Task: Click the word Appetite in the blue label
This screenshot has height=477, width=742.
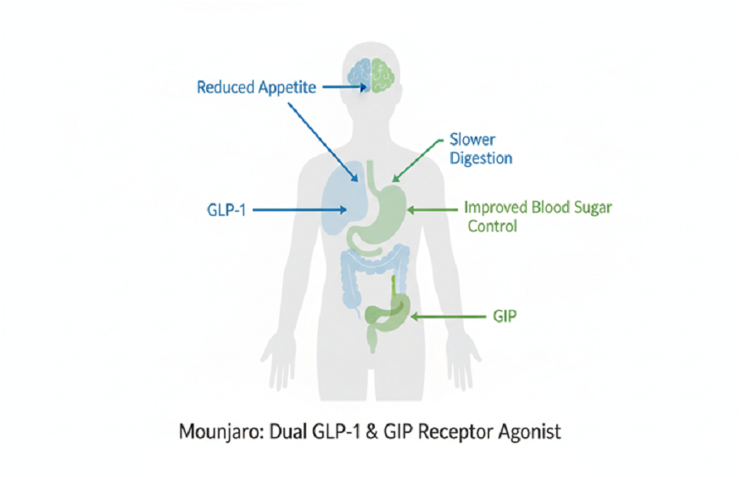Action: click(x=286, y=88)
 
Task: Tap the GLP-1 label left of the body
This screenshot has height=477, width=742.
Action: click(x=226, y=209)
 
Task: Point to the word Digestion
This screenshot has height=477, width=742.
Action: click(x=479, y=158)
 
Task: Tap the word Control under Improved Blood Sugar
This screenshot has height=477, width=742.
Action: click(x=493, y=226)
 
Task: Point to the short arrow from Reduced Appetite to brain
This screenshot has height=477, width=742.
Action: click(x=337, y=86)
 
